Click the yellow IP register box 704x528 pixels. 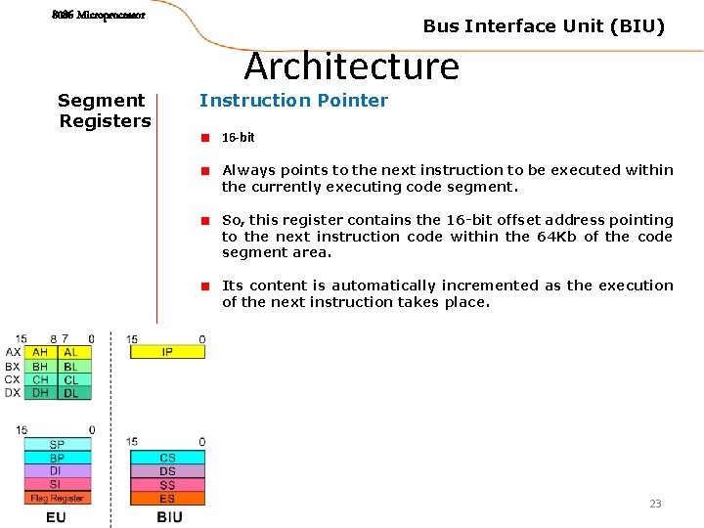(x=167, y=352)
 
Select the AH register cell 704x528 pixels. (x=40, y=352)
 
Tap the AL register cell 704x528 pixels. (x=72, y=352)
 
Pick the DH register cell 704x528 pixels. (x=40, y=393)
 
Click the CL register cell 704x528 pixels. (x=72, y=379)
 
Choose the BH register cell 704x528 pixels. (x=40, y=366)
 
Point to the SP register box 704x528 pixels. (x=58, y=445)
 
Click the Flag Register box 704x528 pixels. (x=58, y=498)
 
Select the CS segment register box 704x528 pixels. (x=167, y=458)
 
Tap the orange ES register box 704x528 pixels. (x=167, y=499)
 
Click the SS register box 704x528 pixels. (x=167, y=485)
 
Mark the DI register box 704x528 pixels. (x=58, y=471)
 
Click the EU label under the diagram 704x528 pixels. (x=57, y=516)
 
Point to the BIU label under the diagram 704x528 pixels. (x=169, y=516)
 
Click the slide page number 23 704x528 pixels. (x=655, y=504)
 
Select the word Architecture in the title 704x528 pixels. (x=351, y=66)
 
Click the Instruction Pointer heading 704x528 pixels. (x=293, y=100)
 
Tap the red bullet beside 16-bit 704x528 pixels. (x=206, y=138)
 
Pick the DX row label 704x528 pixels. (x=13, y=393)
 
